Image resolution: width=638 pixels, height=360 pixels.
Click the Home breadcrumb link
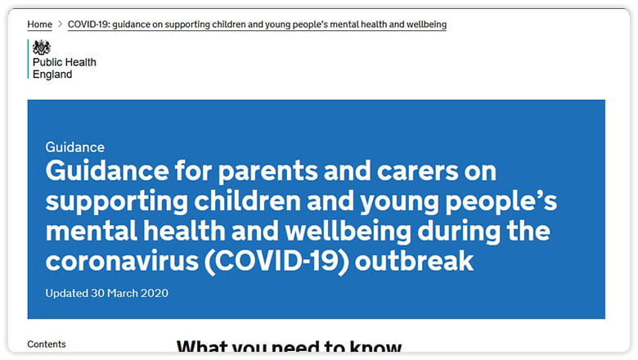pos(39,25)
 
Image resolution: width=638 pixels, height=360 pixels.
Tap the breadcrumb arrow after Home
pos(60,25)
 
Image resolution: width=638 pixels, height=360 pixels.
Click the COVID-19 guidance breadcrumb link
pos(257,25)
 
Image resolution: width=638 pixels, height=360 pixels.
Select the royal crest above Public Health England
pos(42,47)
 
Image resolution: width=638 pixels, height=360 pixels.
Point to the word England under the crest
pos(52,74)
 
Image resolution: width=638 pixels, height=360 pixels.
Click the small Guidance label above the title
pos(75,147)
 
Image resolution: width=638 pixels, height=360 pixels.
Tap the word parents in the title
pos(263,172)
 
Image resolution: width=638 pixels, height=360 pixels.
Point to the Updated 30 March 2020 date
pos(107,293)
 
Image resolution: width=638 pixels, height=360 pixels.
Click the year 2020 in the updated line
pos(155,293)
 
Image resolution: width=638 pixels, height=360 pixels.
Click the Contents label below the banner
pos(47,344)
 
